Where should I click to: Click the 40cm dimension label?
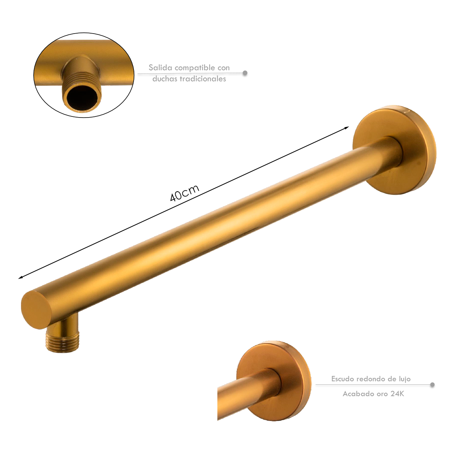184,193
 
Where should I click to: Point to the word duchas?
164,79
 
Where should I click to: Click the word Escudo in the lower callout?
342,379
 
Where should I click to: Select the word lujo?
404,379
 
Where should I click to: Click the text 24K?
397,394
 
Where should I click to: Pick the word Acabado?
358,394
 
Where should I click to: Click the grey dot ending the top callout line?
245,73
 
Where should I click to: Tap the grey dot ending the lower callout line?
432,385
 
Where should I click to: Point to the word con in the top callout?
224,68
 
